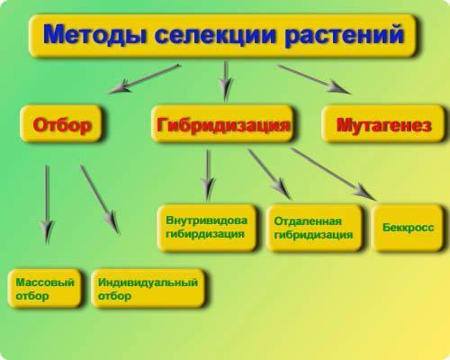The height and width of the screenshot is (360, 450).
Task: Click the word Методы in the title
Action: (94, 33)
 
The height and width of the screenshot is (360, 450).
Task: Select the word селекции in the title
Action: (215, 34)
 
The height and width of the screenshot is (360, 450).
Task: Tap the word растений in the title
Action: (344, 35)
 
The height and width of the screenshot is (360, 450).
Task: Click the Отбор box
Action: (61, 124)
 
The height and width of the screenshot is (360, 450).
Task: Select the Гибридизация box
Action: (222, 124)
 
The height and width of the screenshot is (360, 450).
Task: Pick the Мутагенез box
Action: (382, 124)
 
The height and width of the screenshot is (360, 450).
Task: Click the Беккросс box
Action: (408, 228)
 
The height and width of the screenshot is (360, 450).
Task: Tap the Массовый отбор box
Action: (45, 289)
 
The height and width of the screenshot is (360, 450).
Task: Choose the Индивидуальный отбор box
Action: (148, 289)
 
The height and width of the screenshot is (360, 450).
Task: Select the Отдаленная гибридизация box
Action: (314, 228)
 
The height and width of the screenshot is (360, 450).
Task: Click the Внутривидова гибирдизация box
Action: (207, 228)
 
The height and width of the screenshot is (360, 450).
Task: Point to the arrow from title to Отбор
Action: (144, 79)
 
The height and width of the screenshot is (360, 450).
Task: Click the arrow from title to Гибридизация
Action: (225, 81)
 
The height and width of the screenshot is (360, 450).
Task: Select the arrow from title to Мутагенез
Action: (314, 79)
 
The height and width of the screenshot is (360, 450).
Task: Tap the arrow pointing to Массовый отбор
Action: (47, 204)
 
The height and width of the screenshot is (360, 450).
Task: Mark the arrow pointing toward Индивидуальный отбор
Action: (100, 199)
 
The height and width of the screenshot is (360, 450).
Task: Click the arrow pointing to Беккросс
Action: (334, 174)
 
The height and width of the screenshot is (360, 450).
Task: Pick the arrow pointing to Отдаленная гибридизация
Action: (270, 175)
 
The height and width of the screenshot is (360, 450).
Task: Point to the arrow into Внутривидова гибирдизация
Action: (208, 175)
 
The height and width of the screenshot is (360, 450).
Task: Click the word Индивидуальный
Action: (148, 283)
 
